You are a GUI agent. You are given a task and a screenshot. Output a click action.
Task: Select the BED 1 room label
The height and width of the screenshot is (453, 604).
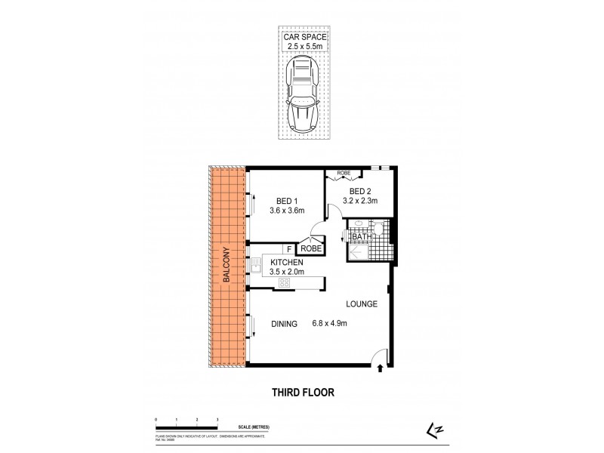click(x=285, y=200)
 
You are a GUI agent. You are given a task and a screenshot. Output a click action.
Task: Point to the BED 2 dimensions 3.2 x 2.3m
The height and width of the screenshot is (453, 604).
click(x=359, y=201)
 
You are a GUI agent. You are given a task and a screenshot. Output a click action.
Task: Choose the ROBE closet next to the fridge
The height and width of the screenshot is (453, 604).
click(x=311, y=248)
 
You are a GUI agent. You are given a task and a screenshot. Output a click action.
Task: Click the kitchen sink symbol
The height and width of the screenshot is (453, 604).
click(x=257, y=265)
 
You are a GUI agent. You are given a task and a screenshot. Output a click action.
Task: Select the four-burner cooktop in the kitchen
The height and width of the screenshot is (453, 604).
click(x=285, y=282)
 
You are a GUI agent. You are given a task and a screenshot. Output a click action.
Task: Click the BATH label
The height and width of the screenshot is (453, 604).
click(x=362, y=237)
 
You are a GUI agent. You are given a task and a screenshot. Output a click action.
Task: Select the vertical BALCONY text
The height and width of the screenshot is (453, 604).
click(x=226, y=265)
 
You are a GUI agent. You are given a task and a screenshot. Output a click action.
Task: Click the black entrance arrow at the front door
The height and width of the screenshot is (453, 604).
click(x=380, y=369)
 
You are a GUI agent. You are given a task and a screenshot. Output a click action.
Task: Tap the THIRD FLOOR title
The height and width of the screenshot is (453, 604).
click(x=302, y=393)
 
